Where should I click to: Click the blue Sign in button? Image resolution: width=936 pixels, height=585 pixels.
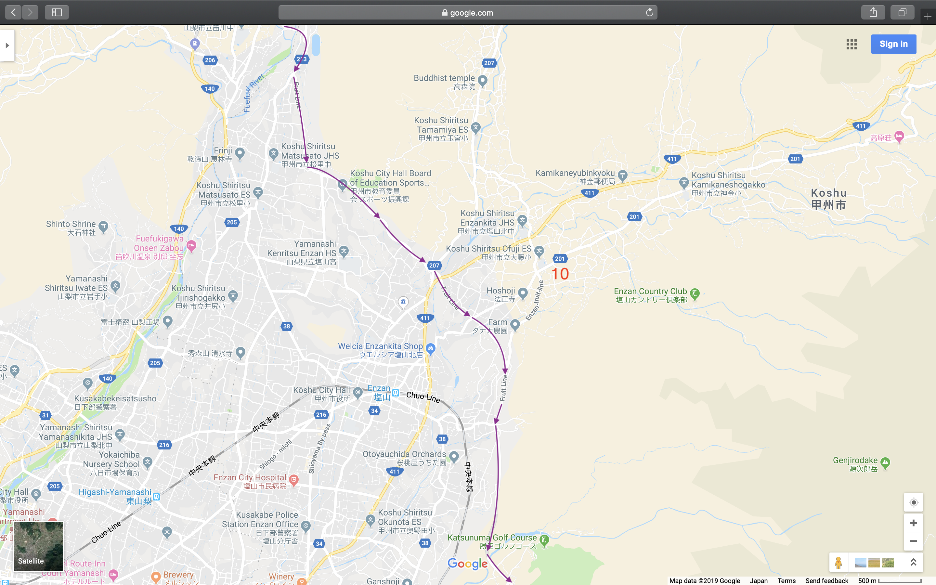[893, 44]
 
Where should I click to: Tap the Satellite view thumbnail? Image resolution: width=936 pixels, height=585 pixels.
[39, 546]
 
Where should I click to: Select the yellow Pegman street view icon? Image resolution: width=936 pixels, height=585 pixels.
[838, 563]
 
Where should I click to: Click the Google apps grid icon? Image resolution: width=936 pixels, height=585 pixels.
[851, 44]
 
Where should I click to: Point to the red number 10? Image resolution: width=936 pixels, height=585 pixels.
[560, 274]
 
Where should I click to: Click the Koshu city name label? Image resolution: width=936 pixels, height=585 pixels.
[828, 199]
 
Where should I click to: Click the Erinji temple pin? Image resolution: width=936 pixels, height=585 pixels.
[240, 153]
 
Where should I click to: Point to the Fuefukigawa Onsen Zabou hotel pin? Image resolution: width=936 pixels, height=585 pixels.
[191, 245]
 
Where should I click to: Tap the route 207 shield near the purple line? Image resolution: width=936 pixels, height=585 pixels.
[434, 266]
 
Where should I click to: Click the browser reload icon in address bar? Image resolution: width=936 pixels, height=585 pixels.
[649, 12]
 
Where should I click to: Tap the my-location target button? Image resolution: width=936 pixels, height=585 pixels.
[913, 502]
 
